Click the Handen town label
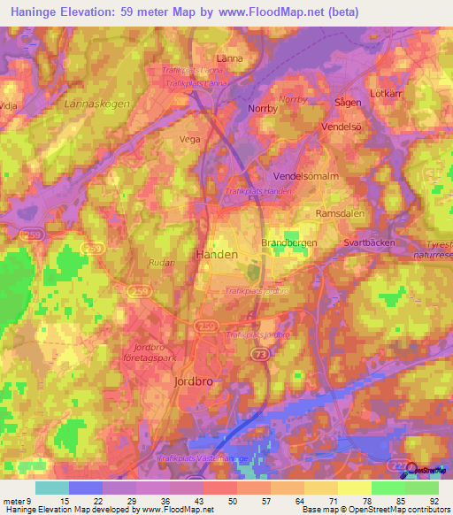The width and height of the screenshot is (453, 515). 215,254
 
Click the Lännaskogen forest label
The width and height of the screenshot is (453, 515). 97,104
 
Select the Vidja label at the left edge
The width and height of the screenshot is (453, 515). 10,104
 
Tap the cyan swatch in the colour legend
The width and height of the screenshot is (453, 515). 51,488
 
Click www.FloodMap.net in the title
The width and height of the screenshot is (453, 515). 280,13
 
